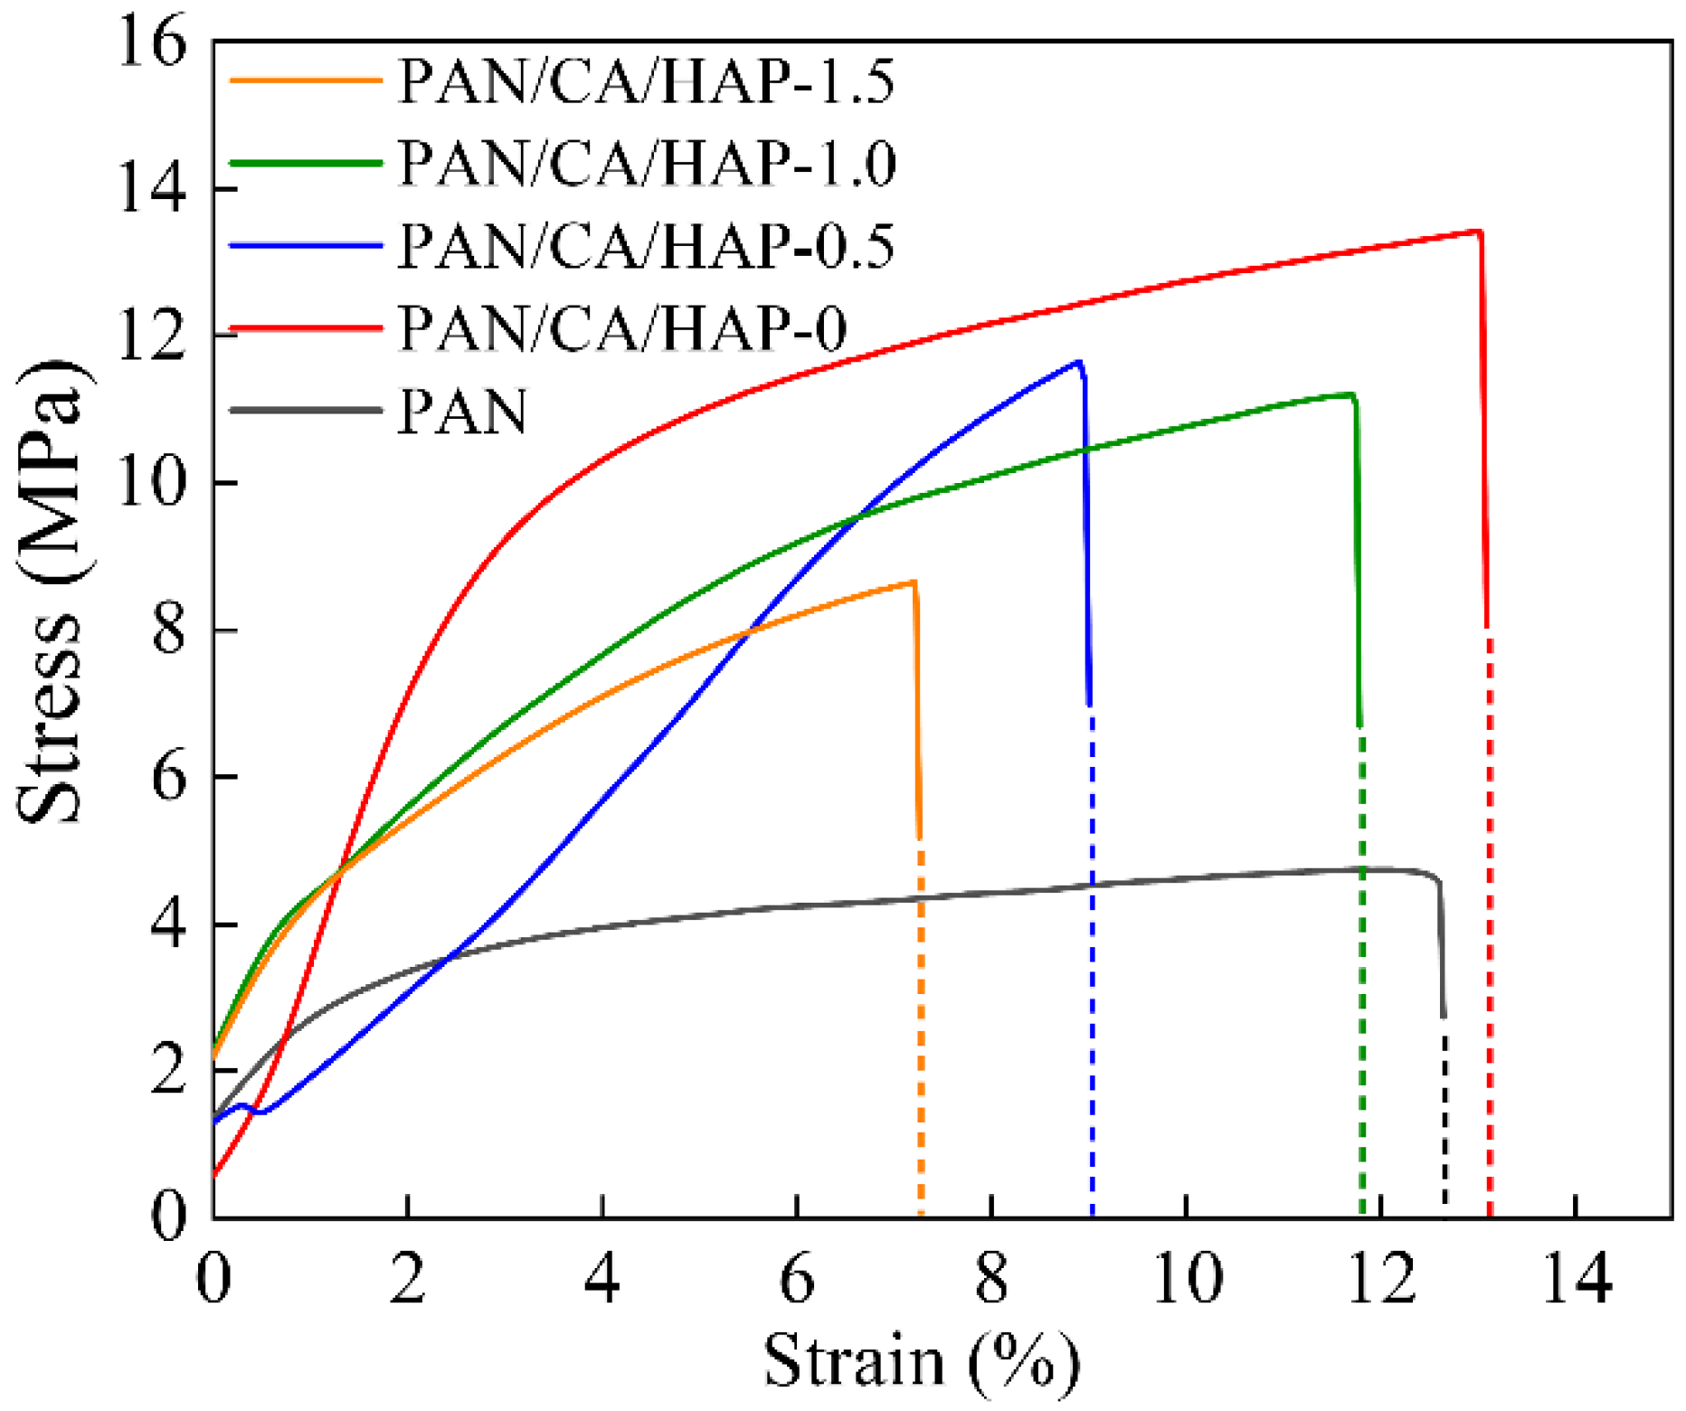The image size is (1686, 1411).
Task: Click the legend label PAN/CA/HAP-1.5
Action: tap(646, 81)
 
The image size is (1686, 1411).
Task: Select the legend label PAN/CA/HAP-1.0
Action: tap(646, 164)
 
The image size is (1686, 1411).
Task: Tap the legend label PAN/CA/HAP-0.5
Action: tap(646, 246)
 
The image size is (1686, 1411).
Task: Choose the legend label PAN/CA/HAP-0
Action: tap(622, 327)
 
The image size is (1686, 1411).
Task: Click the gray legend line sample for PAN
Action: tap(306, 410)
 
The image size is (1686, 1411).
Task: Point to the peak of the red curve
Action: tap(1478, 232)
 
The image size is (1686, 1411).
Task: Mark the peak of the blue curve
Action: tap(1078, 362)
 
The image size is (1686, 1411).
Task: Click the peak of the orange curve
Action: tap(914, 582)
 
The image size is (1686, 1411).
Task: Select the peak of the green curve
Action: tap(1351, 394)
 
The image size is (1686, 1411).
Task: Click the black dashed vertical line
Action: tap(1444, 1122)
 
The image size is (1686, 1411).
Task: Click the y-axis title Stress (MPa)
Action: tap(52, 592)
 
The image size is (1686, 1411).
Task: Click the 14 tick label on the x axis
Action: tap(1576, 1280)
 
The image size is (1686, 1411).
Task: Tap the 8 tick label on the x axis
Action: tap(992, 1280)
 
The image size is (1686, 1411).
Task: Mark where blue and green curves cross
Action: tap(858, 516)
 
